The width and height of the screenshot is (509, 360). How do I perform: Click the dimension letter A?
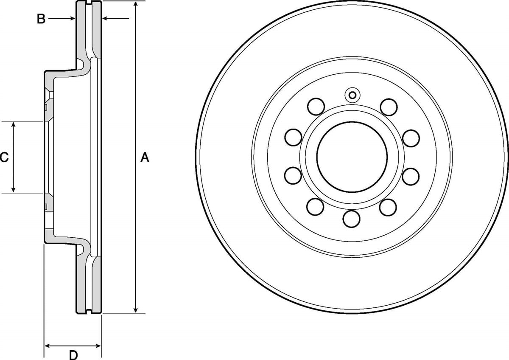coord(145,157)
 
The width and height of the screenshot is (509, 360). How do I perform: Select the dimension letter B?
coord(41,19)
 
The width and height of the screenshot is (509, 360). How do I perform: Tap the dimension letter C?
coord(4,157)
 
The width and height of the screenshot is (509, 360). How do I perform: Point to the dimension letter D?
coord(73,355)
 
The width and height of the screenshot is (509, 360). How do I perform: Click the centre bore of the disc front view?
coord(352,157)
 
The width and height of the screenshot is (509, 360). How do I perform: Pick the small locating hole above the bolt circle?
coord(352,95)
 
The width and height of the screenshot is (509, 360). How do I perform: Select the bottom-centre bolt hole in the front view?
coord(351,219)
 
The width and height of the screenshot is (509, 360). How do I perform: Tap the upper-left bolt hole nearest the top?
coord(316,107)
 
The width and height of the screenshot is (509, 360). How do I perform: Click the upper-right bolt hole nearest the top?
coord(389,107)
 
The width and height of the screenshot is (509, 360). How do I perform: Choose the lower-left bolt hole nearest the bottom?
coord(315,206)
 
